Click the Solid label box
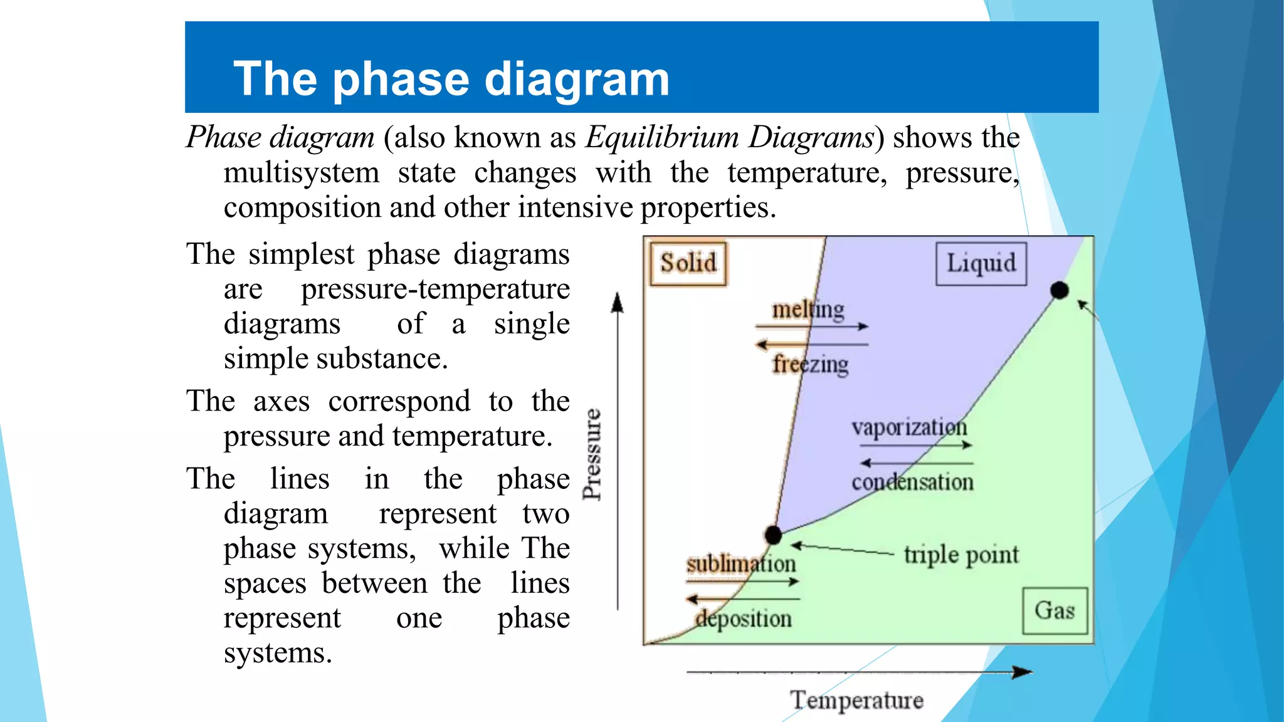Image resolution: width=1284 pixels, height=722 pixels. tap(688, 263)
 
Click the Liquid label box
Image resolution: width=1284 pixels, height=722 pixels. tap(981, 263)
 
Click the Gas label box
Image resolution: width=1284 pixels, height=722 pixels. tap(1055, 610)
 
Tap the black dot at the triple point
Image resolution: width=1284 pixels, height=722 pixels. tap(773, 535)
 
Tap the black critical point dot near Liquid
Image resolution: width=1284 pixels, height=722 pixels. tap(1059, 290)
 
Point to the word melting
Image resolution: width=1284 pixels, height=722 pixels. tap(808, 310)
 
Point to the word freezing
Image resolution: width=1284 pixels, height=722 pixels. tap(810, 364)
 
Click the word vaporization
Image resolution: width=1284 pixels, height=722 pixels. tap(909, 427)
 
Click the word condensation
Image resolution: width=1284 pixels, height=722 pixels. tap(912, 482)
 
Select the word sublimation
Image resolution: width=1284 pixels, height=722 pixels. tap(740, 563)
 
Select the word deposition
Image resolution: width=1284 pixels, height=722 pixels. tap(744, 619)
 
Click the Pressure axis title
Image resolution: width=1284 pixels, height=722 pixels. tap(592, 454)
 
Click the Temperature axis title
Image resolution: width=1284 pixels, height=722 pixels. tap(856, 700)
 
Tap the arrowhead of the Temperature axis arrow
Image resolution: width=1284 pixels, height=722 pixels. tap(1023, 672)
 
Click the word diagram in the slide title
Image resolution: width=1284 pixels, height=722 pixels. tap(577, 79)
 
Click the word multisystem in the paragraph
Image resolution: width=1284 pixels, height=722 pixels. tap(302, 172)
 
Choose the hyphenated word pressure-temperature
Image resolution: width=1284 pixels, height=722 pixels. tap(435, 289)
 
